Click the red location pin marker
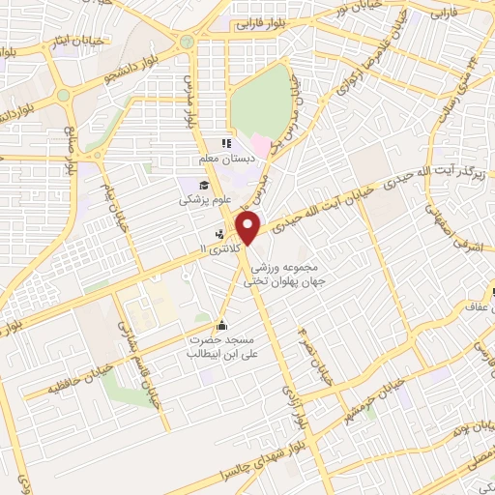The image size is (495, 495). click(x=249, y=230)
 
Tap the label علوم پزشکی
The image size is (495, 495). click(x=199, y=203)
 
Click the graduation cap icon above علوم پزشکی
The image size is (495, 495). click(x=206, y=187)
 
